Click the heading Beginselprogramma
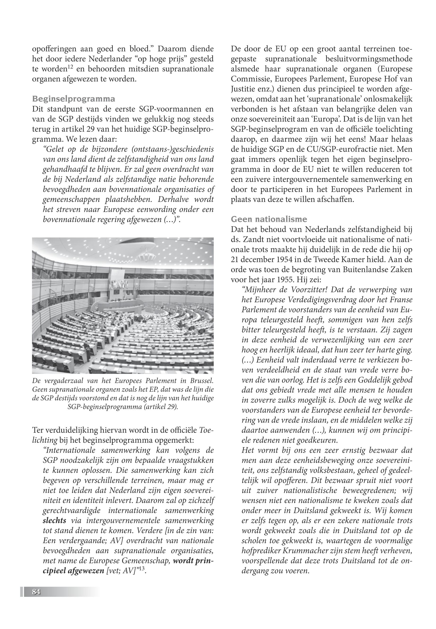(73, 99)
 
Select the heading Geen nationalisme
(269, 219)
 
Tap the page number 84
(36, 592)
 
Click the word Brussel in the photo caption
(201, 380)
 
